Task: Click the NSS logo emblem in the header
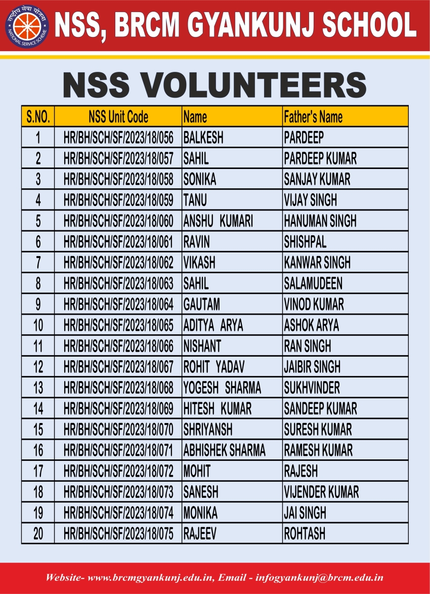(x=27, y=26)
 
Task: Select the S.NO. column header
(x=38, y=117)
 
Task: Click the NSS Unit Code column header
(x=118, y=117)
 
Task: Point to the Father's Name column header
(x=313, y=117)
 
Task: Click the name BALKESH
(x=203, y=138)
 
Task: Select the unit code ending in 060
(x=118, y=221)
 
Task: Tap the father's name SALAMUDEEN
(x=313, y=283)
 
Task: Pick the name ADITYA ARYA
(x=213, y=325)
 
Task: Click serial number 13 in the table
(x=38, y=388)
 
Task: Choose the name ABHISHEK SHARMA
(x=224, y=450)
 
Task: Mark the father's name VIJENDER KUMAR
(x=321, y=492)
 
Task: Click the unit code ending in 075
(x=118, y=533)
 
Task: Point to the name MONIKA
(x=200, y=513)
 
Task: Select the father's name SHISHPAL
(x=305, y=242)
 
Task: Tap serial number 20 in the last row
(x=38, y=533)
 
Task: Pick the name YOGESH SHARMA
(x=222, y=388)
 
